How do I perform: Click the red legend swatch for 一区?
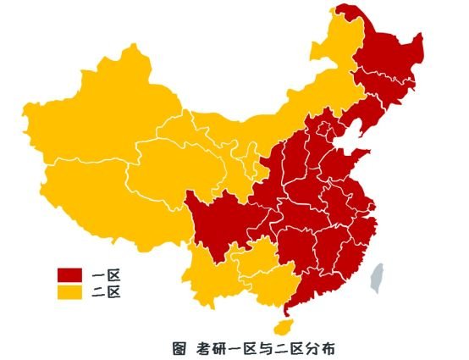coord(69,274)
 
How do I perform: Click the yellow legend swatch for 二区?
coord(69,292)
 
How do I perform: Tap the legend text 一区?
coord(108,274)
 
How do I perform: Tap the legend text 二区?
coord(108,292)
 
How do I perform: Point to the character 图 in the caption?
coord(179,346)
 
